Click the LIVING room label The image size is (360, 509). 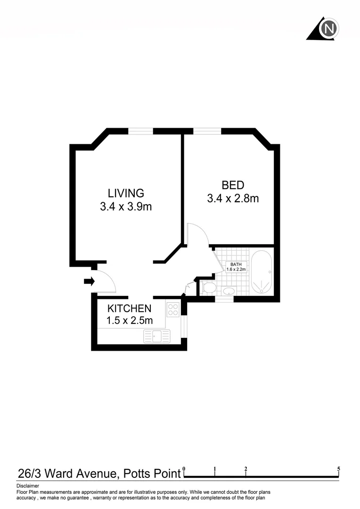point(126,193)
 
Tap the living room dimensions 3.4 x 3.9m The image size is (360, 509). point(126,206)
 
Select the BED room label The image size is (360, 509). point(233,185)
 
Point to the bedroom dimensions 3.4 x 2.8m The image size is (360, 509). point(233,198)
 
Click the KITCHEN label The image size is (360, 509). point(130,309)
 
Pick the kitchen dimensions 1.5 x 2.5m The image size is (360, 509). point(130,321)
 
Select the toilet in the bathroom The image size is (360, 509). point(208,287)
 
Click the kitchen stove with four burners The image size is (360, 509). point(173,309)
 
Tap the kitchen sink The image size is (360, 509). point(156,336)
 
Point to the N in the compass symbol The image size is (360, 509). point(329,29)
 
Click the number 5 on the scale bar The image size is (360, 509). point(339,469)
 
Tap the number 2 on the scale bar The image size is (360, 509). point(246,469)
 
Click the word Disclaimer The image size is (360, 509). point(28,485)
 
